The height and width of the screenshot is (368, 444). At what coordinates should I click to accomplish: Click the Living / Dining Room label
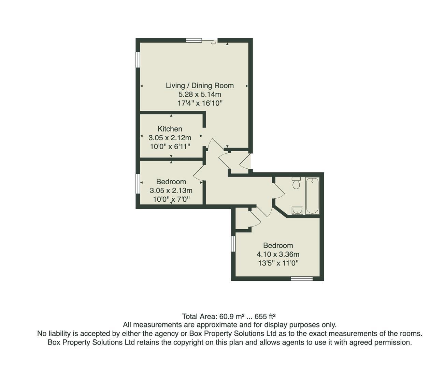tap(200, 86)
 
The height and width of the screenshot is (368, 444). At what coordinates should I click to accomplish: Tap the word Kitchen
tap(170, 129)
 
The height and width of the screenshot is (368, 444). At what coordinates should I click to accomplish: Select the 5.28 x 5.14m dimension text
tap(200, 94)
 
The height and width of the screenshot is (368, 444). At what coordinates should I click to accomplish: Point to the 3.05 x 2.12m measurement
tap(170, 138)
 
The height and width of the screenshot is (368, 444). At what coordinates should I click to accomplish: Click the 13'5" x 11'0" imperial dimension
tap(278, 263)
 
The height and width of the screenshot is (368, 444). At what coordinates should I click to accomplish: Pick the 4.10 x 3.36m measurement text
tap(278, 254)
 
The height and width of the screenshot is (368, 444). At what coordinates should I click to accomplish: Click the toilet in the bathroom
tap(296, 183)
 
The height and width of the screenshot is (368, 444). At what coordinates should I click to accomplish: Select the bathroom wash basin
tap(297, 211)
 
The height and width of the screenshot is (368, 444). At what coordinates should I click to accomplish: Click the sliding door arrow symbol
tap(214, 43)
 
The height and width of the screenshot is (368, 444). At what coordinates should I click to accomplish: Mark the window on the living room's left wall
tap(138, 60)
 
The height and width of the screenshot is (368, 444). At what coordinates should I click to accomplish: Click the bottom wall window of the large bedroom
tap(302, 278)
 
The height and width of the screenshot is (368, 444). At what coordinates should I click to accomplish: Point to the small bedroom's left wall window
tap(138, 184)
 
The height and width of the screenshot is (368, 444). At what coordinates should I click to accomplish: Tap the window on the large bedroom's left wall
tap(233, 244)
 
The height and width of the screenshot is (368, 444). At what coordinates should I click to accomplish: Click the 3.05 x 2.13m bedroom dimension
tap(171, 190)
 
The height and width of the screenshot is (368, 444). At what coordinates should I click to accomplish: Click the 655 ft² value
tap(265, 317)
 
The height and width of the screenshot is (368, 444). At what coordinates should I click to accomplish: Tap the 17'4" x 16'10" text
tap(200, 103)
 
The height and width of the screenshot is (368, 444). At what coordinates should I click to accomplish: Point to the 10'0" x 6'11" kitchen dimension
tap(170, 147)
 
